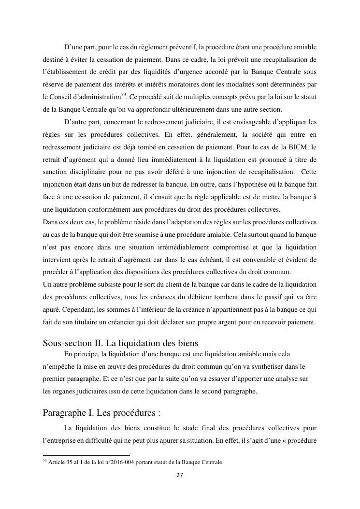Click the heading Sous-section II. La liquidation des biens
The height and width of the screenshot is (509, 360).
[x=120, y=343]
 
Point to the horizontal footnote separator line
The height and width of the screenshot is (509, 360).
[x=86, y=455]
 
